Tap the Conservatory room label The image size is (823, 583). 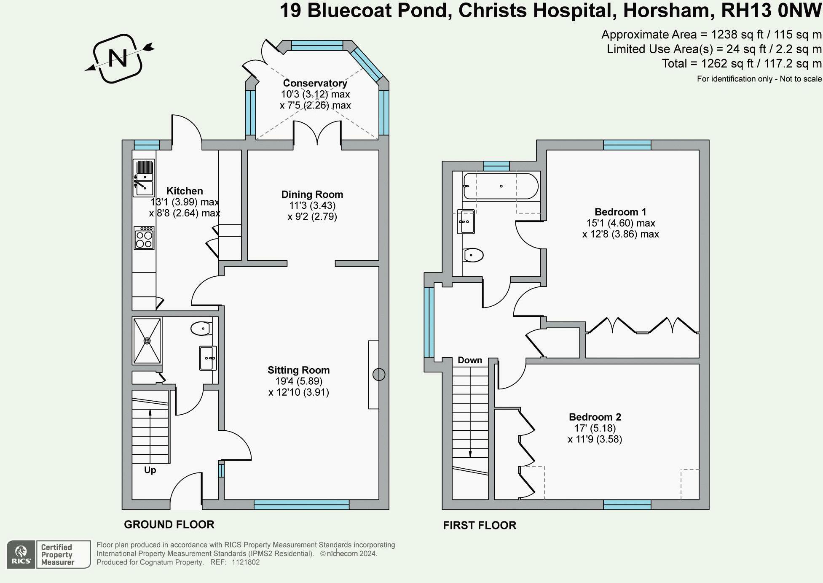[315, 83]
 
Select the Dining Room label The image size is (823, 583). [312, 194]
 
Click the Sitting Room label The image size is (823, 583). [299, 370]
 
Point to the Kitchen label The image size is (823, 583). [185, 191]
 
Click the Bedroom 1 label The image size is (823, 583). [620, 212]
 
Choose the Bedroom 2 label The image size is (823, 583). [595, 417]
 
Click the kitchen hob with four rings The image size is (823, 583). [144, 238]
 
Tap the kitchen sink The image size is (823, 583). [144, 178]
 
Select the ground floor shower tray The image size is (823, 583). [147, 341]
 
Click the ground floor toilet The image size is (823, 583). [201, 328]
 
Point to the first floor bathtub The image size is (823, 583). [501, 186]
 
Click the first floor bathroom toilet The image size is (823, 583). [473, 255]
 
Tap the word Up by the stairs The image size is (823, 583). [150, 470]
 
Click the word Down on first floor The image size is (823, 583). [470, 360]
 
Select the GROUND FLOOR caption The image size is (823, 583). [169, 524]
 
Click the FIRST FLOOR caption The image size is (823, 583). [480, 525]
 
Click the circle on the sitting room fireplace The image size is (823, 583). [379, 374]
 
